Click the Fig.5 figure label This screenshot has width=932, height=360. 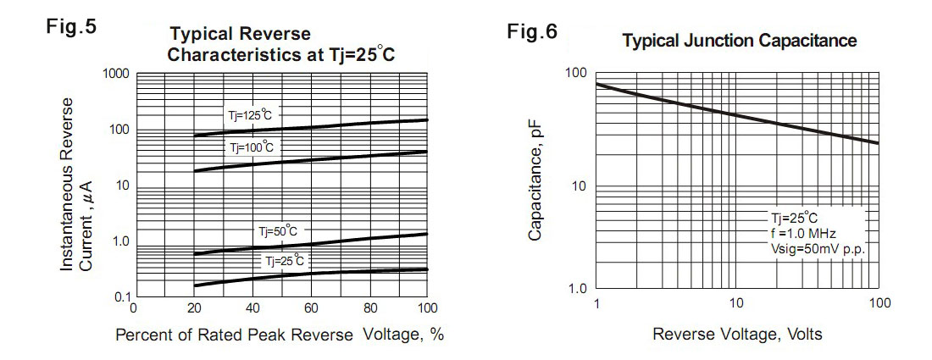click(70, 26)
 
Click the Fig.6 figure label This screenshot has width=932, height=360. click(532, 33)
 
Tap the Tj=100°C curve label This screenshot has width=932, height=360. click(252, 147)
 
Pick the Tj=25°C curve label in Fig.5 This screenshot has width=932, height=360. click(284, 261)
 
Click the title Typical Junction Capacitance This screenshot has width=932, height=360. click(740, 41)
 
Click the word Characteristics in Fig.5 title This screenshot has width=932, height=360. click(230, 56)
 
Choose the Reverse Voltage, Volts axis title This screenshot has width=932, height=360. click(737, 334)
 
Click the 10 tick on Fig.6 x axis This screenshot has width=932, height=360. click(735, 303)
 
